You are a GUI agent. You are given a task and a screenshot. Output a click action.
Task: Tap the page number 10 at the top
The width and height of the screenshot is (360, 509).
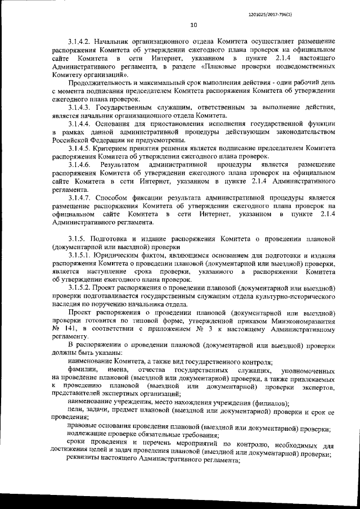coord(193,25)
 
